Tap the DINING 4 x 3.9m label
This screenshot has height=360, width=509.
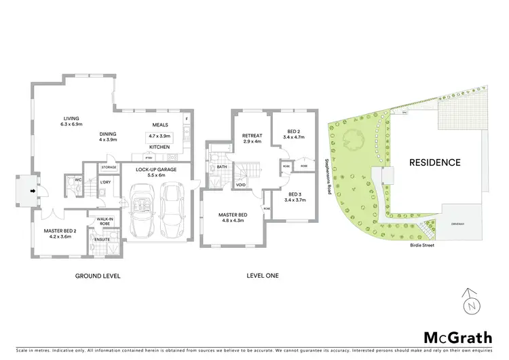click(x=108, y=136)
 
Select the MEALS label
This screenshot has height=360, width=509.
click(x=160, y=125)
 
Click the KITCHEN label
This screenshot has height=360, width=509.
click(x=159, y=147)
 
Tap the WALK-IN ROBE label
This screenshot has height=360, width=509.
click(x=105, y=221)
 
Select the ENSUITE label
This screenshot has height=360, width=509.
click(x=102, y=239)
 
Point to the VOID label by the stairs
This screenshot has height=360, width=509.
click(x=241, y=185)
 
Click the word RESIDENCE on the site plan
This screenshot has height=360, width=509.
click(x=435, y=162)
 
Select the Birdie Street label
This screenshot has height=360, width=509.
click(x=421, y=246)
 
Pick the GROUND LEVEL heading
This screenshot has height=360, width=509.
click(x=98, y=276)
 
